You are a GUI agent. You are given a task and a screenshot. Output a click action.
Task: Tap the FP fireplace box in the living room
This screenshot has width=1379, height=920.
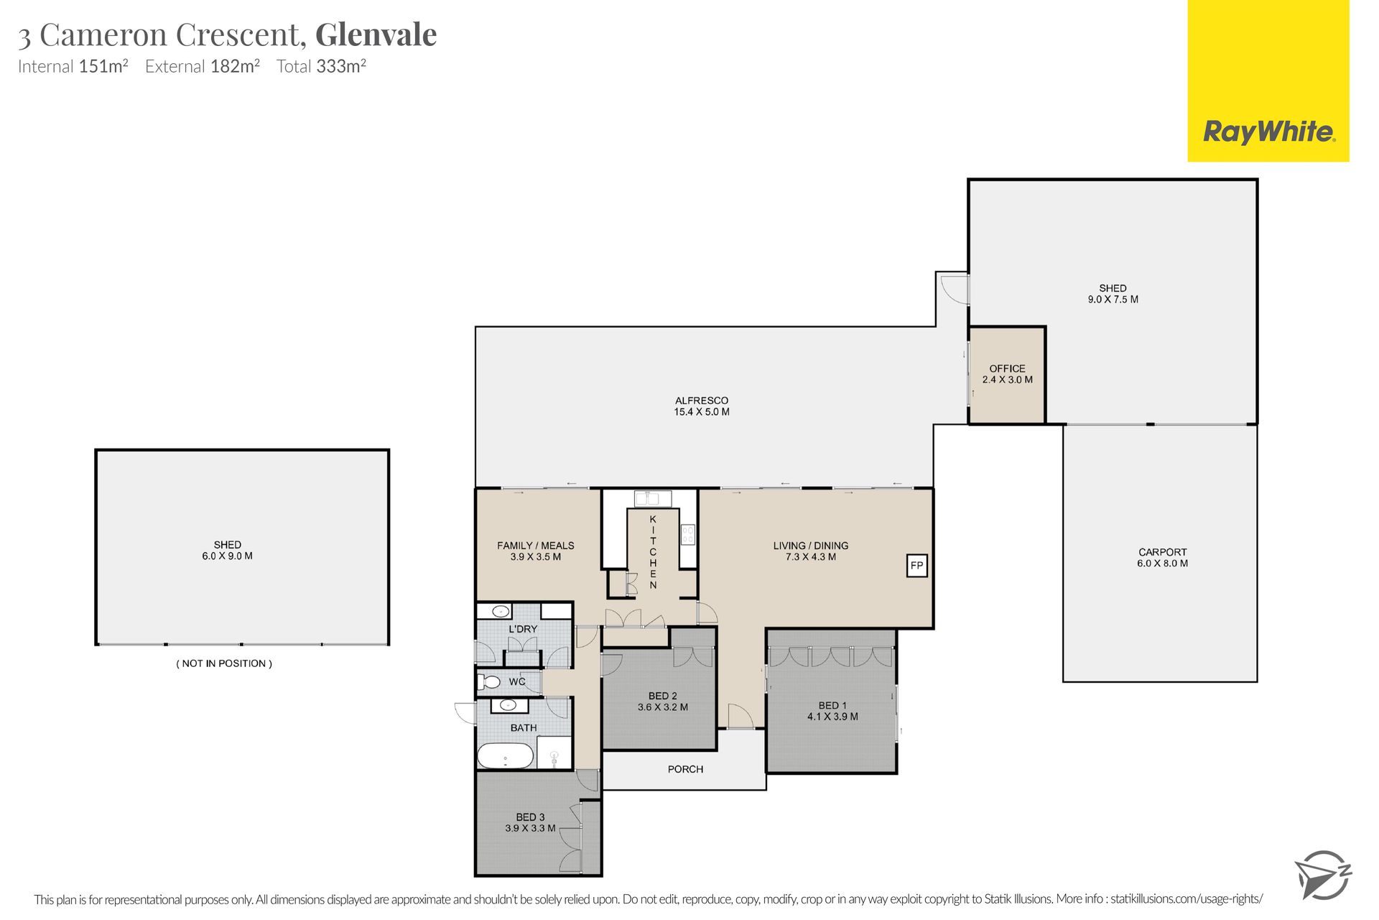pos(916,566)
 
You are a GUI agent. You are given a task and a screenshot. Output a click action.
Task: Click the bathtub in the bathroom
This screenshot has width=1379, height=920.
pos(506,756)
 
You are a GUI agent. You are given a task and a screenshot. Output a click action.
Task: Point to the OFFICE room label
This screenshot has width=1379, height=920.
pos(1007,368)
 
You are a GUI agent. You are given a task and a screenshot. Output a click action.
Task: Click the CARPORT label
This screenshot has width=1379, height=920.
pos(1162,552)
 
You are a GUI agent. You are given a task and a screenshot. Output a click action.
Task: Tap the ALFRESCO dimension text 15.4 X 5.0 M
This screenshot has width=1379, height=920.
pos(701,412)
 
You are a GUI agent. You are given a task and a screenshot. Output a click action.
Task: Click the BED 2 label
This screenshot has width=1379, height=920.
pos(662,696)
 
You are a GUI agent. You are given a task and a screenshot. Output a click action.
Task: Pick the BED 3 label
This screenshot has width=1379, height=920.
pos(530,817)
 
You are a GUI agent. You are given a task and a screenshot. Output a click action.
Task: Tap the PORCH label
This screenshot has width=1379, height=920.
pos(685,769)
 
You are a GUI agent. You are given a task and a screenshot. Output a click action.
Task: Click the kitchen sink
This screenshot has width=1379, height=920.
pos(652,498)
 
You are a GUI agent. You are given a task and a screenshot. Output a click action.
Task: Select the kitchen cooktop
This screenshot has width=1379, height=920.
pos(688,534)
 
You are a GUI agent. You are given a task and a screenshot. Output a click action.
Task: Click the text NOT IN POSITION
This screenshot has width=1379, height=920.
pos(224,663)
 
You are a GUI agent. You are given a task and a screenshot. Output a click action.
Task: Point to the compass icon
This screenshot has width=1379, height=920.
pos(1323,874)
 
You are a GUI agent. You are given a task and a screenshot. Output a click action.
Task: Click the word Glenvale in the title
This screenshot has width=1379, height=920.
pos(376,34)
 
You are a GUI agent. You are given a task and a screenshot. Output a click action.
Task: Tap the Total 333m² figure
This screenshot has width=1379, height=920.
pos(322,66)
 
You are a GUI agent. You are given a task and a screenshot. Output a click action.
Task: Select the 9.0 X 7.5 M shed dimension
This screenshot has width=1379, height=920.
pos(1113,299)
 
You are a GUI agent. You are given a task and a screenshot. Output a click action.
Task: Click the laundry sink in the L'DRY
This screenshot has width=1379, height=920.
pos(501,612)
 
